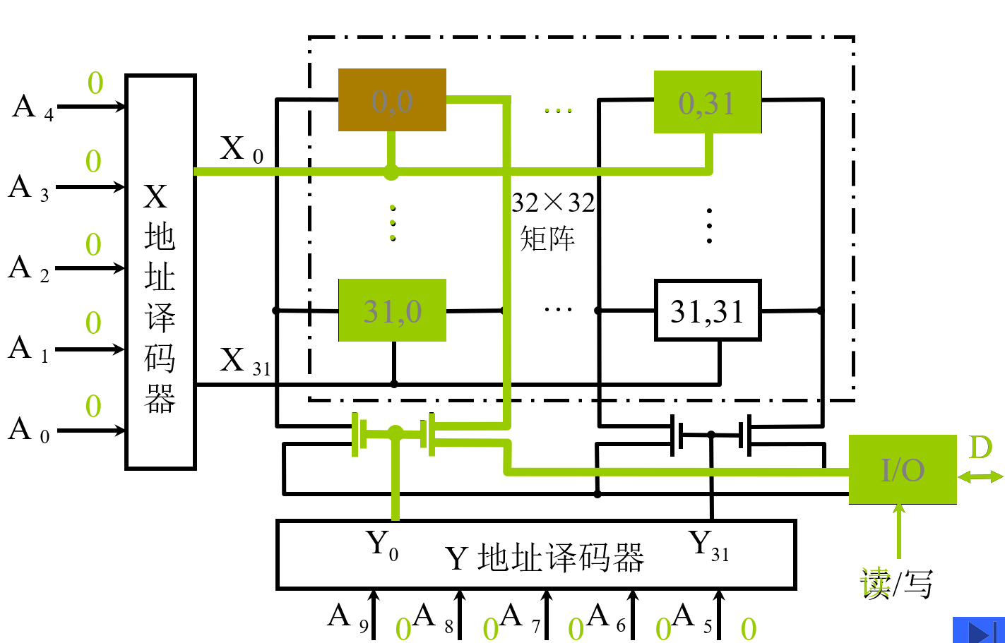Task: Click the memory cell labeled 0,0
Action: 392,100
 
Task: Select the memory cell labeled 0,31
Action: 708,102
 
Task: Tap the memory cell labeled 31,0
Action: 392,311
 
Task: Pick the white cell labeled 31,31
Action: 708,311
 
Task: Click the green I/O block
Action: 903,469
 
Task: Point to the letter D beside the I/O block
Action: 980,447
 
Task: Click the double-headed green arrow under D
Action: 980,477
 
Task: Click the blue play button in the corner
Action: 978,630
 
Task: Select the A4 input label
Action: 32,108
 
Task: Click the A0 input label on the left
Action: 29,430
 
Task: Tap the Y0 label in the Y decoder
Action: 382,545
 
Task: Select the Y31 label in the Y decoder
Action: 708,545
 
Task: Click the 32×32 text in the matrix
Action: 553,203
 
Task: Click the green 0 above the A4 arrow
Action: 95,83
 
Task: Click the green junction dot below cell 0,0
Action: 391,172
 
